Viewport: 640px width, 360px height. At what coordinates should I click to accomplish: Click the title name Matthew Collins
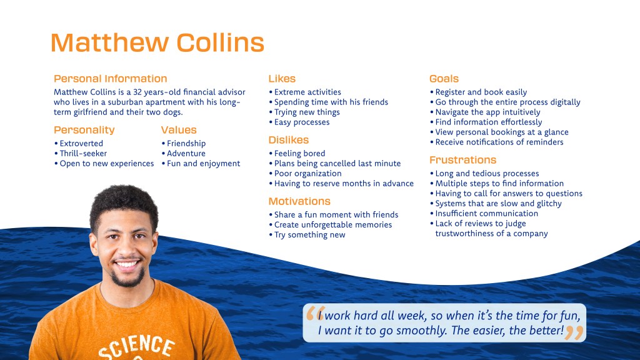pos(157,43)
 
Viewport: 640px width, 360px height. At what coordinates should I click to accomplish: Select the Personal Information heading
pos(110,79)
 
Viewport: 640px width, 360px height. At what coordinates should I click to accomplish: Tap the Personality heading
pos(84,130)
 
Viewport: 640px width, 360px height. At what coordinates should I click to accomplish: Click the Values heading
pos(179,130)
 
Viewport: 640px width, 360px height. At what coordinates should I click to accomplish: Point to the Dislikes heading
pos(289,140)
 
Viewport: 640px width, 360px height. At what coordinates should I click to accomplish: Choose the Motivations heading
pos(299,201)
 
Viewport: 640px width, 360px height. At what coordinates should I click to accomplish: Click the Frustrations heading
pos(463,160)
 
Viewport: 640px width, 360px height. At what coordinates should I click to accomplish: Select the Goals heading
pos(444,79)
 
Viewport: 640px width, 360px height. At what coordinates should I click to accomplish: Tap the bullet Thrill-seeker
pos(83,154)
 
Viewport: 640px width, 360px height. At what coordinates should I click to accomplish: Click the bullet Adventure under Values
pos(186,154)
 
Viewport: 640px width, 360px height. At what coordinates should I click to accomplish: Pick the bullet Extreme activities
pos(307,92)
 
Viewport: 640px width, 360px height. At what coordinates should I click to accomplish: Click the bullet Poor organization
pos(307,174)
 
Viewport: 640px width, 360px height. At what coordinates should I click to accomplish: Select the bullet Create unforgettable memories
pos(333,225)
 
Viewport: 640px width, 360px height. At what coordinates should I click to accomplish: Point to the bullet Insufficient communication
pos(486,214)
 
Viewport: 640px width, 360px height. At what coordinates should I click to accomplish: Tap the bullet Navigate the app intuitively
pos(487,112)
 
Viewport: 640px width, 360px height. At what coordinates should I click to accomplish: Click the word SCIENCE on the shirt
pos(137,347)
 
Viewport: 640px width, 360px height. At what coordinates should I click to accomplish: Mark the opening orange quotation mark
pos(315,314)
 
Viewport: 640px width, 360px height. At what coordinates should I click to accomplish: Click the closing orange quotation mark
pos(575,333)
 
